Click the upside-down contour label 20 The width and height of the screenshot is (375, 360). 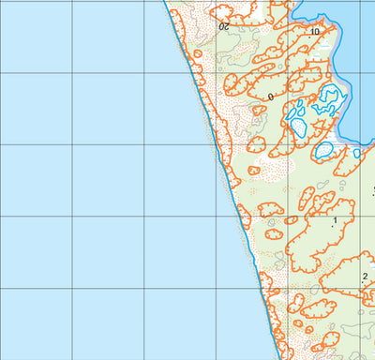pyautogui.click(x=224, y=28)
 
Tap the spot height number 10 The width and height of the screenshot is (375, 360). pyautogui.click(x=314, y=32)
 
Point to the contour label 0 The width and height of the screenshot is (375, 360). pyautogui.click(x=270, y=97)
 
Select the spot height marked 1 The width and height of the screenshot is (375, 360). pyautogui.click(x=334, y=221)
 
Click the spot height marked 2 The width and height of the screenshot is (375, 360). pyautogui.click(x=364, y=276)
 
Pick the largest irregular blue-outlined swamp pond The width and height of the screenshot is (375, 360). pyautogui.click(x=328, y=98)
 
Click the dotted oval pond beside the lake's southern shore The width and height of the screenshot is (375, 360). pyautogui.click(x=323, y=149)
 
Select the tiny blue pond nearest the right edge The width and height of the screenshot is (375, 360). pyautogui.click(x=356, y=153)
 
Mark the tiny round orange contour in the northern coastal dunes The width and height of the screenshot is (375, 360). pyautogui.click(x=198, y=54)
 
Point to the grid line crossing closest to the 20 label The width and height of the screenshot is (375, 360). pyautogui.click(x=217, y=2)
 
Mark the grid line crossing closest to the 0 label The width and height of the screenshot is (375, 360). pyautogui.click(x=289, y=72)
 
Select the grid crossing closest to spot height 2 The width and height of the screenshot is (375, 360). pyautogui.click(x=360, y=288)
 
